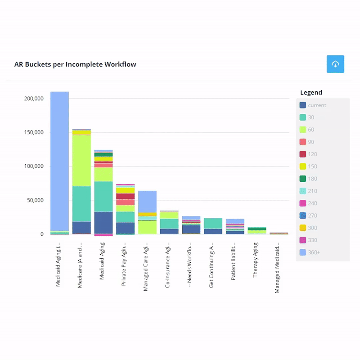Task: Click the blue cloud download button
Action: click(335, 64)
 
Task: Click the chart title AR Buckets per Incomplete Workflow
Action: click(75, 64)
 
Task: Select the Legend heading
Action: click(311, 93)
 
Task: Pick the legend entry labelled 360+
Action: click(314, 252)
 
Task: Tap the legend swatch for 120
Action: click(303, 154)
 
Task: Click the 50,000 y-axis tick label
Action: click(34, 200)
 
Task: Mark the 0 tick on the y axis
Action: click(41, 234)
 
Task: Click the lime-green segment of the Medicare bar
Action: click(81, 160)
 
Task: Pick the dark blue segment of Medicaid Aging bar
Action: click(103, 222)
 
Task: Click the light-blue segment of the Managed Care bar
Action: click(147, 201)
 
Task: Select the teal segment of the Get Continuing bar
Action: click(213, 223)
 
